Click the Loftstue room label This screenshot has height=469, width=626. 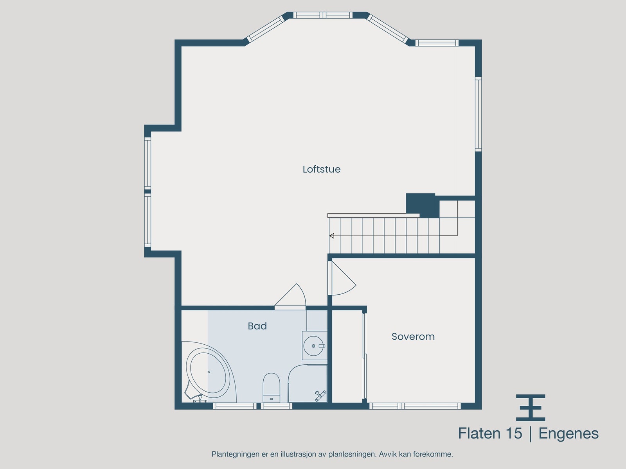click(322, 169)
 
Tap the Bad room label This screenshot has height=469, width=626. click(257, 326)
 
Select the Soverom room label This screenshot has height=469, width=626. click(413, 337)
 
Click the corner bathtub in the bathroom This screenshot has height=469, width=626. click(208, 373)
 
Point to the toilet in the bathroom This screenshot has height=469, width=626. click(271, 387)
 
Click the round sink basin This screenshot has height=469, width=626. click(314, 346)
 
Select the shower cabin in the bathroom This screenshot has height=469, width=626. click(308, 384)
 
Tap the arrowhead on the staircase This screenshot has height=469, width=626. click(331, 236)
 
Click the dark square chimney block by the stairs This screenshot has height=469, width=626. click(421, 205)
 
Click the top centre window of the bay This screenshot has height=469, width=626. click(323, 15)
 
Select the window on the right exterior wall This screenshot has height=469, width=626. click(478, 114)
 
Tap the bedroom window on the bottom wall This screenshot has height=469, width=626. click(415, 406)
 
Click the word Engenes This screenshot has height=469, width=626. click(568, 433)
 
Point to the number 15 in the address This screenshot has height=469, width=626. click(514, 433)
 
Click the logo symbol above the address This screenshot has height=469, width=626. click(531, 407)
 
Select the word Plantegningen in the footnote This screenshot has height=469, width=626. click(235, 454)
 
